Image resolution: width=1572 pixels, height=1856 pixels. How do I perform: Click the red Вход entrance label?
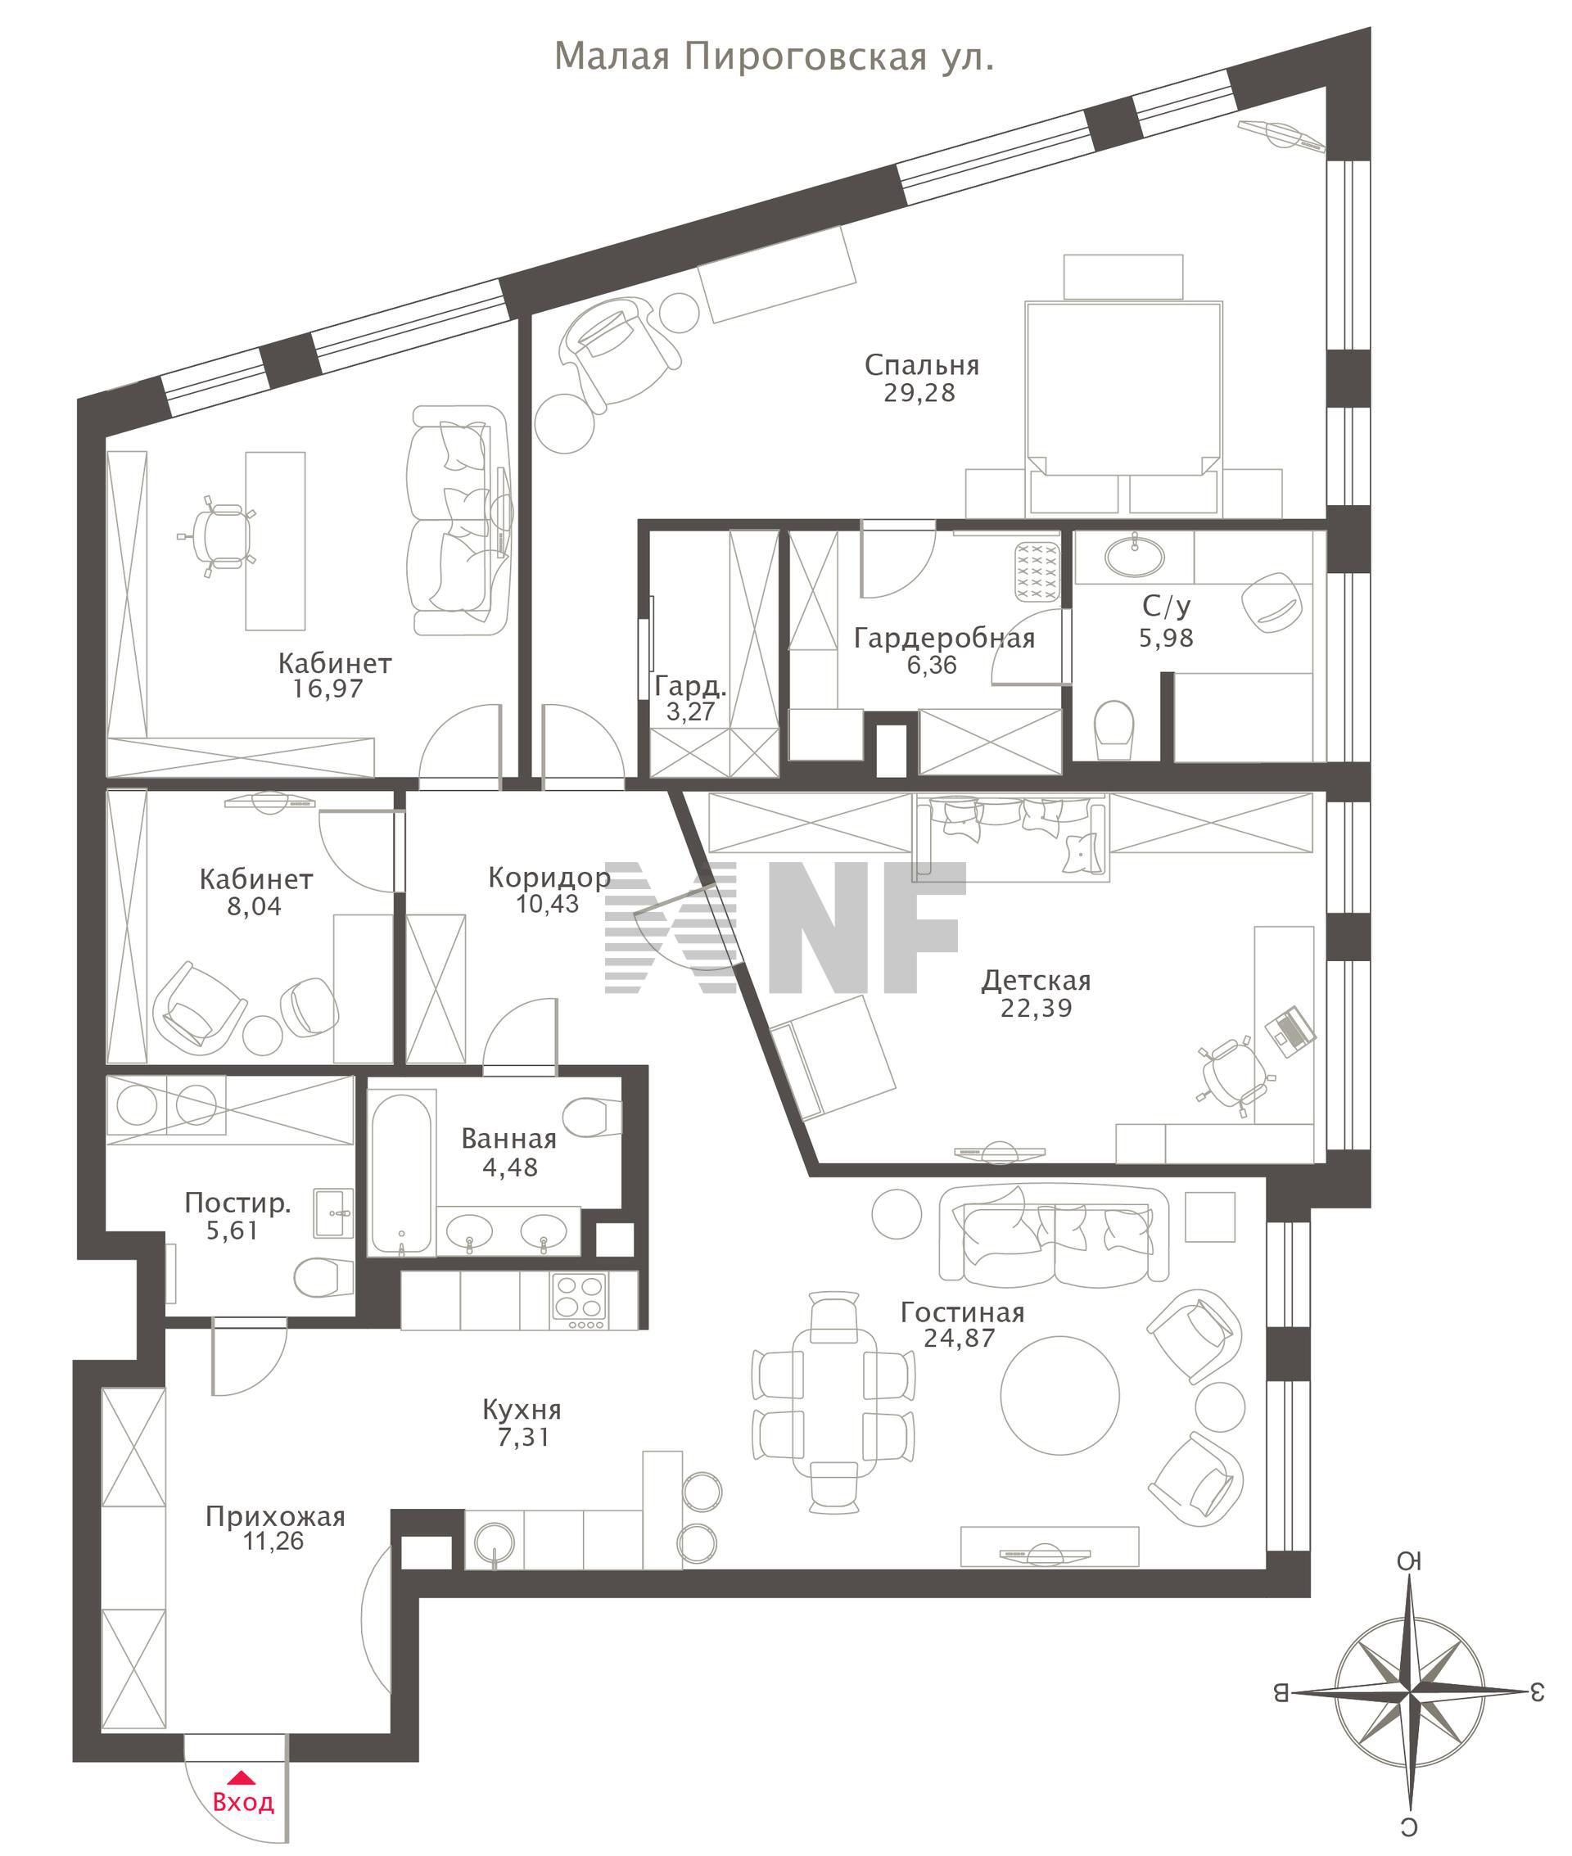coord(243,1802)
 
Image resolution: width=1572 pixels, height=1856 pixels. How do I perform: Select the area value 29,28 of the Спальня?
coord(919,393)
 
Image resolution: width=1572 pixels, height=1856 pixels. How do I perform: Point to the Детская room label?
coord(1037,981)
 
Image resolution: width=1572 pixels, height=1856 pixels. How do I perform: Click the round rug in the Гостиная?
coord(1059,1395)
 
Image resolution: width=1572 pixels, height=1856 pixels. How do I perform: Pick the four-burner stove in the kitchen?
coord(579,1301)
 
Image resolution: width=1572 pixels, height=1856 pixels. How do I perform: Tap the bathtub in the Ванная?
coord(403,1173)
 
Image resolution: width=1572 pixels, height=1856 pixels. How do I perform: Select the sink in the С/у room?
coord(1135,557)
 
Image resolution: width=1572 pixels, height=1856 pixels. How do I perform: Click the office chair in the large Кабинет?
coord(216,537)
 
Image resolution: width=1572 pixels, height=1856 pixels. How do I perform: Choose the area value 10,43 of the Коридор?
coord(547,905)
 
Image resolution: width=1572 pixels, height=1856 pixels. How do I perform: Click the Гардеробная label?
coord(945,638)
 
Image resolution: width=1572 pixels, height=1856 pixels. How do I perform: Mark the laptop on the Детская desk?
coord(1290,1031)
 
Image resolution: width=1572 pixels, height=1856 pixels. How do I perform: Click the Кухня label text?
coord(522,1411)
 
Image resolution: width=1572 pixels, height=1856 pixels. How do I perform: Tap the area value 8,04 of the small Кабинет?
coord(254,907)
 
